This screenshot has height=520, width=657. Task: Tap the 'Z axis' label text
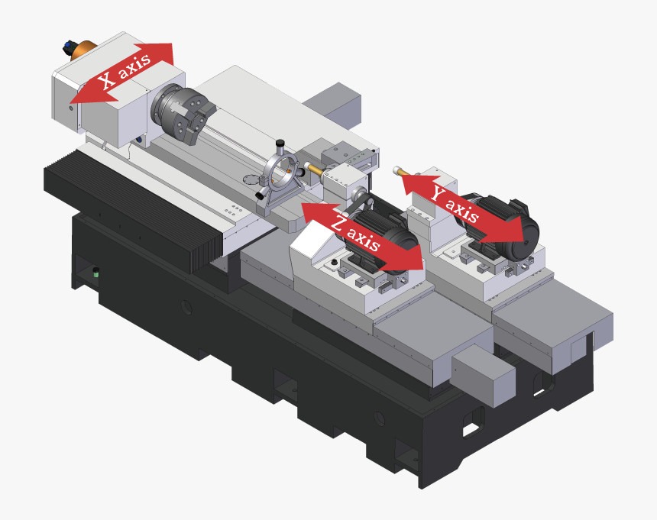click(x=357, y=232)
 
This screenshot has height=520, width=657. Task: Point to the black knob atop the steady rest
click(x=280, y=143)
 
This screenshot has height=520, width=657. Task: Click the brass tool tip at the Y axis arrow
click(x=396, y=171)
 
